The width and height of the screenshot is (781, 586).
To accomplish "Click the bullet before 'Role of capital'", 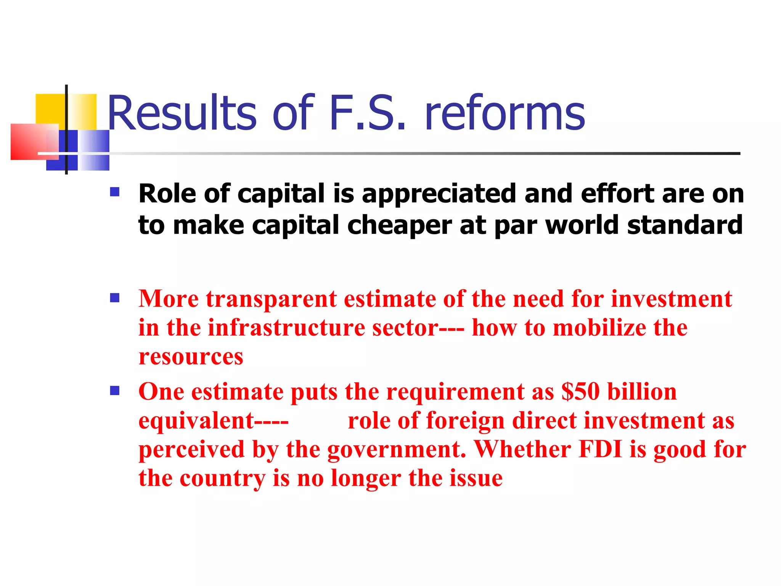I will click(114, 192).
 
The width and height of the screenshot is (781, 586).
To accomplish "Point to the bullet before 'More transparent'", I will click(114, 298).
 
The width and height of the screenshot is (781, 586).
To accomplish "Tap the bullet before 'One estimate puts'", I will click(114, 391).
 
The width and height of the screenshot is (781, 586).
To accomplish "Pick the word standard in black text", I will click(685, 225).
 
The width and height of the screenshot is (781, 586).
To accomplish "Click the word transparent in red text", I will click(271, 299).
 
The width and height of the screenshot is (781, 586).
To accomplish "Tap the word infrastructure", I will click(286, 328).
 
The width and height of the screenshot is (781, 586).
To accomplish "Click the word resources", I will click(191, 357).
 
